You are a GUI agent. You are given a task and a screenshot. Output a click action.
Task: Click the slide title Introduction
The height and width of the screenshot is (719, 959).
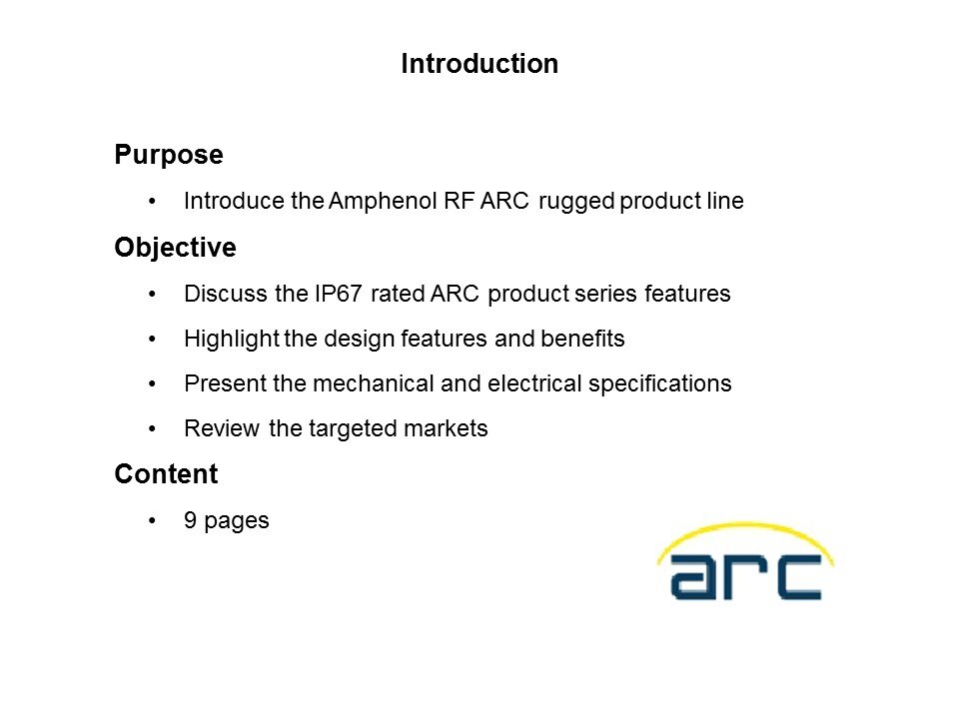479,64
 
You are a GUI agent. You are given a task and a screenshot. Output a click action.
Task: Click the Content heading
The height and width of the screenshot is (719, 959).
166,473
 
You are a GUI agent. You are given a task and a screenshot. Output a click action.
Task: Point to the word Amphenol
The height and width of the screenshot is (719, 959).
383,201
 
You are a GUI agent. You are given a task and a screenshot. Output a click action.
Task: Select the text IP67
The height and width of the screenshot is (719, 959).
339,294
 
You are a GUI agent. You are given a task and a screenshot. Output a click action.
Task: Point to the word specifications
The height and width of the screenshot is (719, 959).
660,384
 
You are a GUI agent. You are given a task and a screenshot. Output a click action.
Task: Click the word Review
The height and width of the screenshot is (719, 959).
222,428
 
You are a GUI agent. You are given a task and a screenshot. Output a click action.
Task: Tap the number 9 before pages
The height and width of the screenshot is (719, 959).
190,520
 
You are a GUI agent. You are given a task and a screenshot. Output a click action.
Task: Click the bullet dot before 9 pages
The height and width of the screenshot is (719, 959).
152,521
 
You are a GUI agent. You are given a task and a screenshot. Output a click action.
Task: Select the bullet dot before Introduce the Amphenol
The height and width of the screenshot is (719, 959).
152,201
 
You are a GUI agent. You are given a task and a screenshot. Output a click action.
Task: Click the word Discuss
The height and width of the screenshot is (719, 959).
227,294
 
